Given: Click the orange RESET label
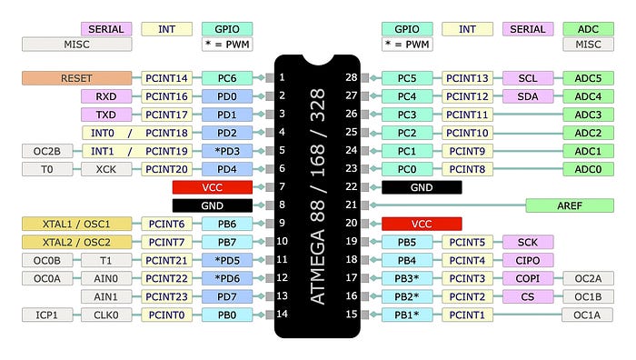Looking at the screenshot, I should click(x=76, y=78).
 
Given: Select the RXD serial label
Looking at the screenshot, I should click(x=106, y=96).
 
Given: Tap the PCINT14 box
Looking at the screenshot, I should click(x=166, y=78).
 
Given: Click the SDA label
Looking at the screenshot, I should click(x=527, y=96).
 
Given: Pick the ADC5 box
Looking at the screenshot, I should click(x=588, y=78).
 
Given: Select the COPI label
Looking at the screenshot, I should click(x=527, y=278).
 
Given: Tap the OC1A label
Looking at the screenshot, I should click(x=588, y=315).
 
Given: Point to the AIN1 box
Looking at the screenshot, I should click(x=106, y=296).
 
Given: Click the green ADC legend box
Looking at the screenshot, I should click(x=588, y=29).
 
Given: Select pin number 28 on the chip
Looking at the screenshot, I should click(x=350, y=77).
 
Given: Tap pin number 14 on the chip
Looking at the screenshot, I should click(x=283, y=315).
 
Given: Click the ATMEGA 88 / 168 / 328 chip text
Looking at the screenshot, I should click(x=317, y=196).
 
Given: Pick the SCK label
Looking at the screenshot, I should click(x=527, y=242).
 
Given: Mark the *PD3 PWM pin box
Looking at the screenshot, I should click(x=226, y=151).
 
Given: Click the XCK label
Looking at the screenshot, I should click(x=106, y=169).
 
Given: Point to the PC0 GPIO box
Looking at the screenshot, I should click(x=407, y=169).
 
